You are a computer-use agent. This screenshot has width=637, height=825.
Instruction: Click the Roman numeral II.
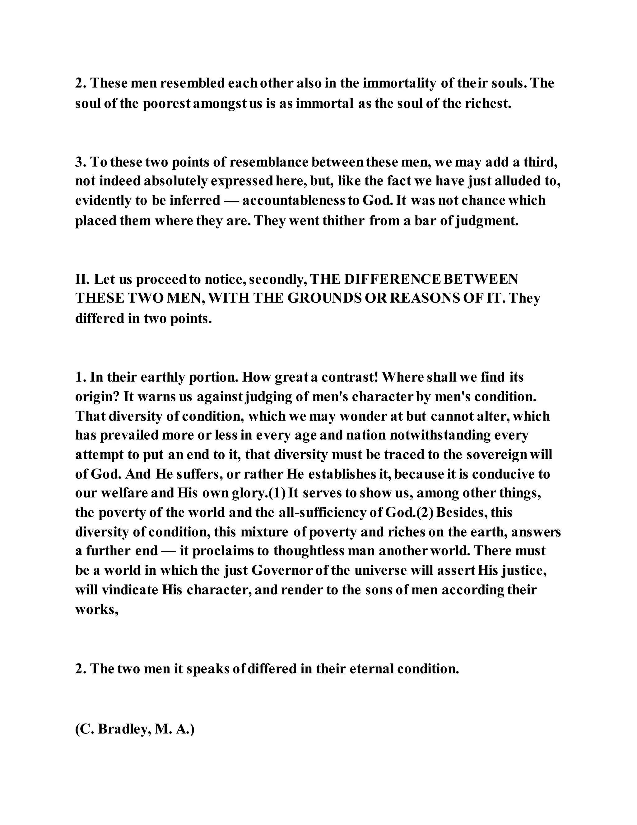pos(82,280)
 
